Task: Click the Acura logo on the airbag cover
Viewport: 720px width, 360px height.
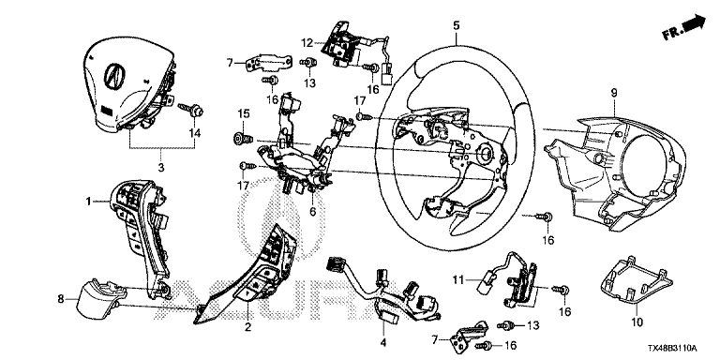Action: click(113, 75)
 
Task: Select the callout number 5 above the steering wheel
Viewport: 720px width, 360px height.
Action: click(456, 25)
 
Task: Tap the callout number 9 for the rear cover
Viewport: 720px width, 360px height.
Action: click(614, 93)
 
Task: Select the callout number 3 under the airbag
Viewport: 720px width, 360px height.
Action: click(160, 168)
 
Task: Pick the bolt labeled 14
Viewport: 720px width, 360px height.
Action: click(194, 111)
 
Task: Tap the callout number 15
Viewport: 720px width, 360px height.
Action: click(243, 112)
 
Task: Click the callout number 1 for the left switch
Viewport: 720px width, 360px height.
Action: click(87, 201)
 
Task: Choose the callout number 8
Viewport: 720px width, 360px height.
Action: click(61, 299)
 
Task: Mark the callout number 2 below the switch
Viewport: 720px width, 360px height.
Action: click(247, 327)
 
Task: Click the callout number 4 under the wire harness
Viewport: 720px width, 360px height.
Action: click(383, 342)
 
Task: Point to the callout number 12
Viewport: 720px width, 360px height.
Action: click(307, 43)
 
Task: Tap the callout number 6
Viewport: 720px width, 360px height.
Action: click(313, 212)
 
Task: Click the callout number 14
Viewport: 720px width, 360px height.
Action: click(195, 133)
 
